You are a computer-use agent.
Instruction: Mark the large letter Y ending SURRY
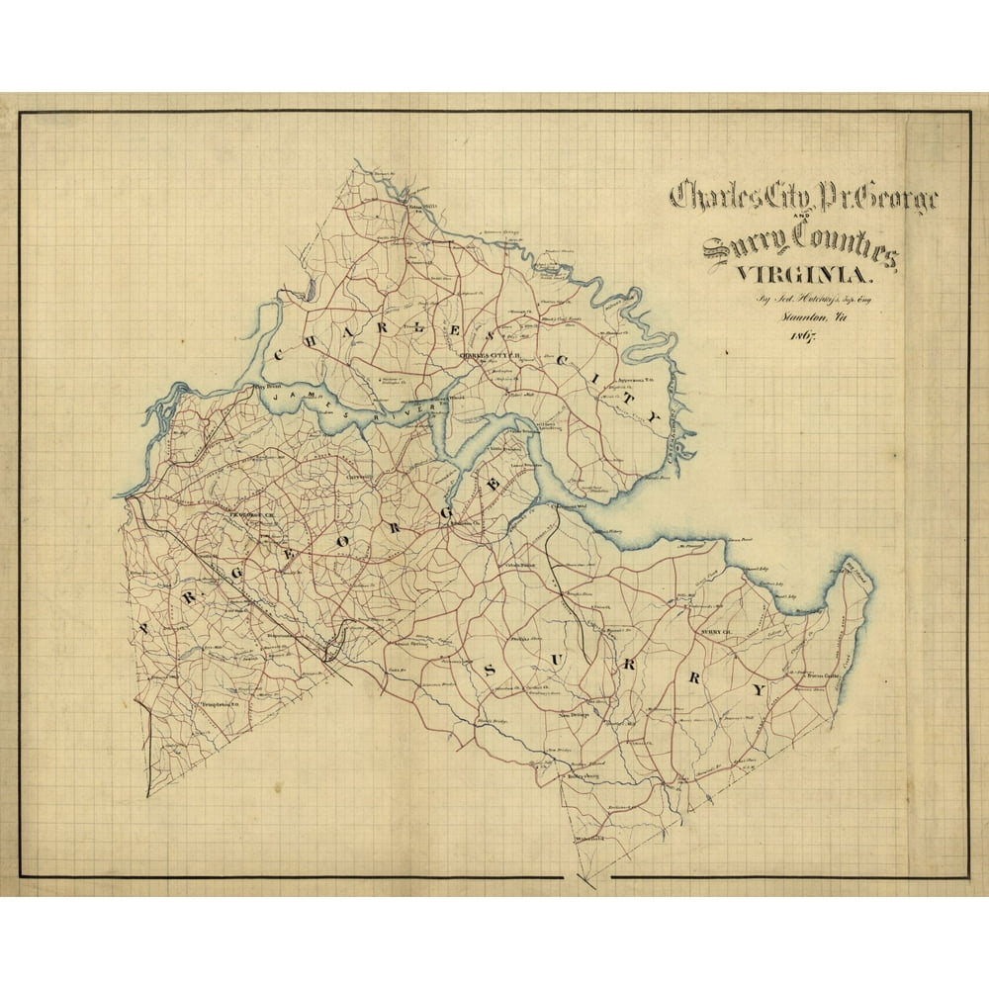click(759, 688)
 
